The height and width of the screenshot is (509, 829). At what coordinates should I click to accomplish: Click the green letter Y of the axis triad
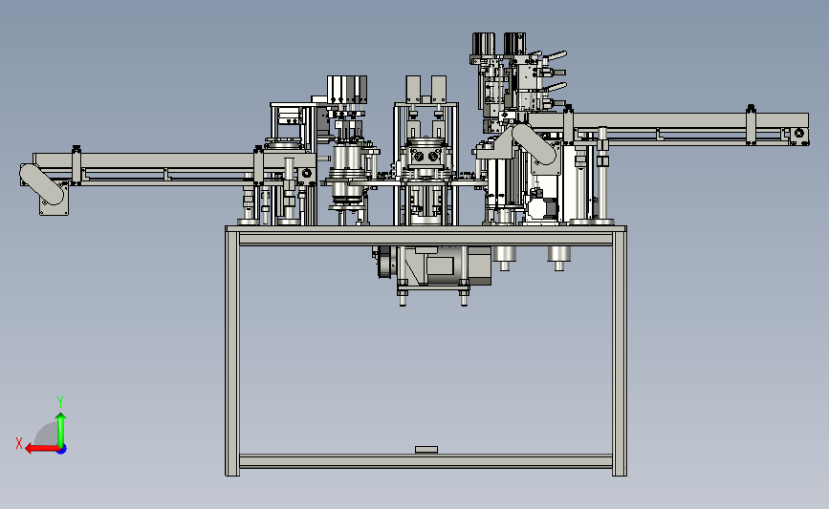point(60,402)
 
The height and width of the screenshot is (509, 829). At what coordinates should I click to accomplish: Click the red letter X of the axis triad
point(19,443)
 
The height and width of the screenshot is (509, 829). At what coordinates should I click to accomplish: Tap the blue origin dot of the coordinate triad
point(61,449)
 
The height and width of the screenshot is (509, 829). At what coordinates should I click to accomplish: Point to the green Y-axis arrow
point(61,430)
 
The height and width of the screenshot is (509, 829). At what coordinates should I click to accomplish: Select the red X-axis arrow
point(42,449)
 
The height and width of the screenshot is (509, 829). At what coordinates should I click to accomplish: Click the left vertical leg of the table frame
point(232,351)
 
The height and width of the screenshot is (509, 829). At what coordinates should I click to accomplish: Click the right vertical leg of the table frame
point(620,351)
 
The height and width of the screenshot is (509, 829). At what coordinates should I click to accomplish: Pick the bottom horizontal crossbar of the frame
point(425,461)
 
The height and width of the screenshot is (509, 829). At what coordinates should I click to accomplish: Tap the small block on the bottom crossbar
point(426,450)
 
